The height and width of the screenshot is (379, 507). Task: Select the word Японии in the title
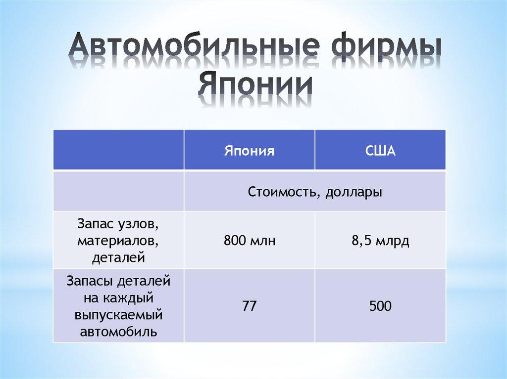(x=256, y=85)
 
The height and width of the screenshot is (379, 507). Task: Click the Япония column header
(x=250, y=150)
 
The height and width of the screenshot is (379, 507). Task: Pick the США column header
(x=380, y=150)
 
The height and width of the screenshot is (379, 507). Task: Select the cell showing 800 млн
(x=250, y=242)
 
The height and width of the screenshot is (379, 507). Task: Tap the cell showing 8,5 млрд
(x=380, y=242)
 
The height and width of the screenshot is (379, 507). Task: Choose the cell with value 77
(x=250, y=306)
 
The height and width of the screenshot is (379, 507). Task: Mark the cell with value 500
(x=380, y=306)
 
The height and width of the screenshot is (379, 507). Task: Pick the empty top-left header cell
(x=118, y=150)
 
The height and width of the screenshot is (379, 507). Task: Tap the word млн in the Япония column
(x=262, y=242)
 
